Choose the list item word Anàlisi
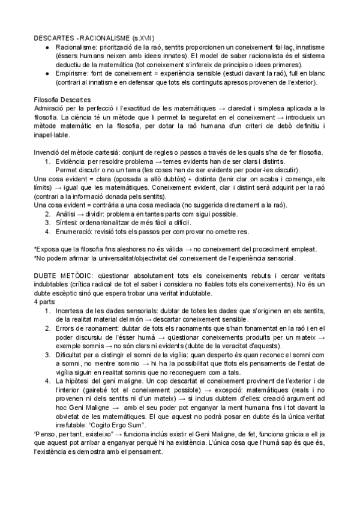click(67, 214)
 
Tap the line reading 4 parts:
click(45, 301)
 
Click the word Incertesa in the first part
click(72, 310)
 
